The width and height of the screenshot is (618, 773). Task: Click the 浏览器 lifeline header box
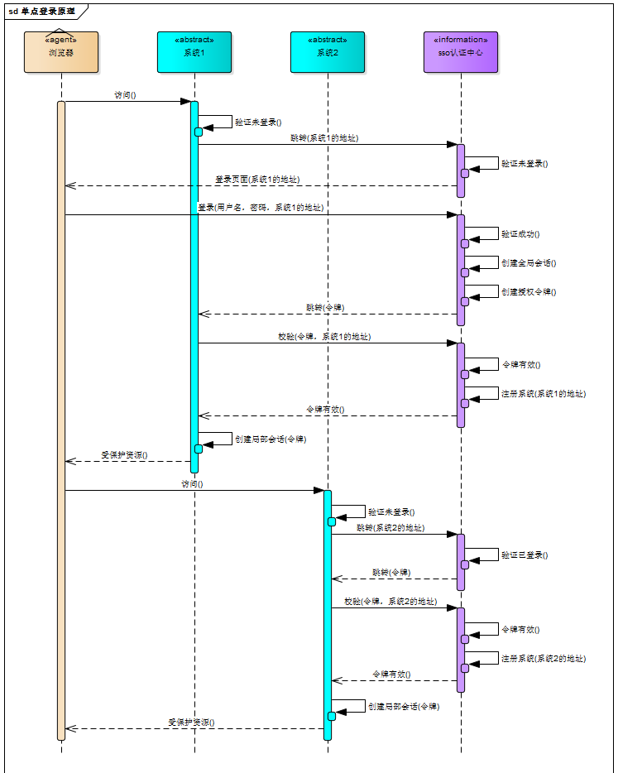coord(61,52)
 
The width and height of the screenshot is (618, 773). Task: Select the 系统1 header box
coord(194,52)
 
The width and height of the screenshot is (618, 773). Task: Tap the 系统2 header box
coord(328,52)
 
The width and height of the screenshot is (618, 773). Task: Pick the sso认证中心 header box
coord(461,52)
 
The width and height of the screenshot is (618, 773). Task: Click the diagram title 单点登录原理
coord(47,11)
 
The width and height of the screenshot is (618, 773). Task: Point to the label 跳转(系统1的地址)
coord(324,138)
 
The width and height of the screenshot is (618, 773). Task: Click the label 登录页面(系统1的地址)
coord(257,180)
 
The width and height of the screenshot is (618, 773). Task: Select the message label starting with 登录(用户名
coord(261,208)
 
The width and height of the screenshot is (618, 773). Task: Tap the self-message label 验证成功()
coord(520,234)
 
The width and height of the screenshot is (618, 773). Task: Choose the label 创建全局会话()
coord(529,263)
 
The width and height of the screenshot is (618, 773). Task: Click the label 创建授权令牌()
coord(529,292)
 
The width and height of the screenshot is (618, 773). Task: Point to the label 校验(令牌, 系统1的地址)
coord(324,337)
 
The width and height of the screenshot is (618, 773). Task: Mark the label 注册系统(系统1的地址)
coord(544,394)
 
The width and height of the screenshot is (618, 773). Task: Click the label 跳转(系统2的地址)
coord(390,528)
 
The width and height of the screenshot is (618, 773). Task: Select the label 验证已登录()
coord(525,555)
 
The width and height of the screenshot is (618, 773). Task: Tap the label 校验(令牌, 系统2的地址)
coord(390,603)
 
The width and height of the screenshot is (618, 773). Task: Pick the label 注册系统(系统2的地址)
coord(544,659)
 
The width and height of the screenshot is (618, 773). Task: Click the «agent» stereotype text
coord(61,40)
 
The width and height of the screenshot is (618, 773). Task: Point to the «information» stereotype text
coord(461,40)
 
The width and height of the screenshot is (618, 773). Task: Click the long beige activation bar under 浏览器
coord(61,414)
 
